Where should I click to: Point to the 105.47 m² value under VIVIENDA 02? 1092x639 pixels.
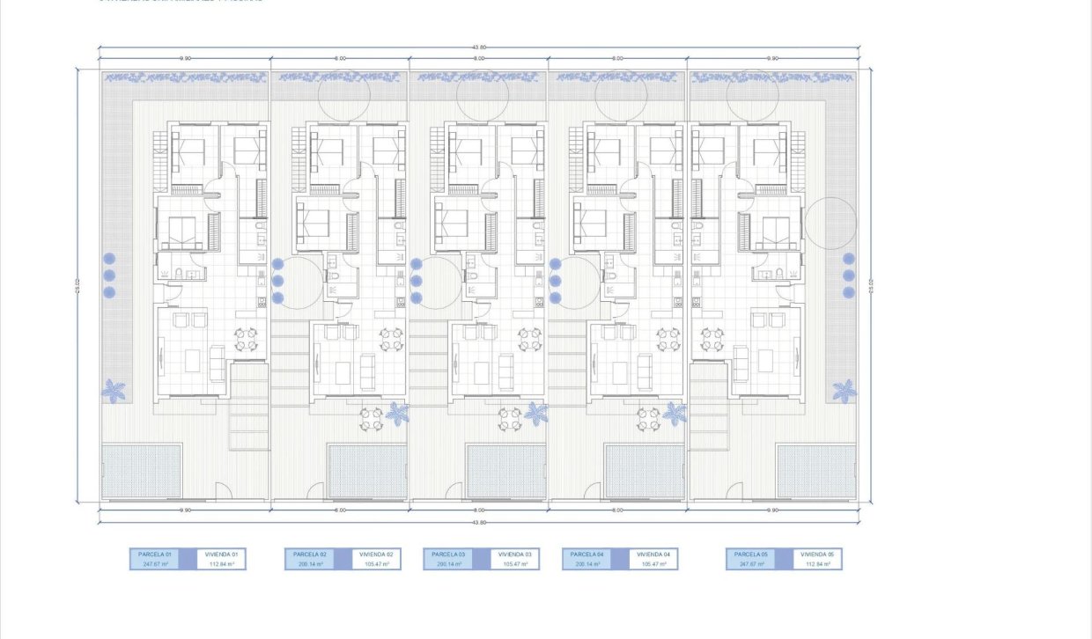point(376,564)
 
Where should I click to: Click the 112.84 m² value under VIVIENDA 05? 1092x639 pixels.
point(817,564)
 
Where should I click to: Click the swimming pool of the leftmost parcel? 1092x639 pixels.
point(142,471)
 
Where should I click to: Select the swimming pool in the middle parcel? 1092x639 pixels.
point(506,471)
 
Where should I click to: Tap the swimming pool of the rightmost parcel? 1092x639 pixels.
point(816,471)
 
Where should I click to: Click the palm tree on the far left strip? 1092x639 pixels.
point(114,390)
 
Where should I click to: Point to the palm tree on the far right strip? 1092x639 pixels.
point(844,390)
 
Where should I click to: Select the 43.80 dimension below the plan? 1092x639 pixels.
point(478,522)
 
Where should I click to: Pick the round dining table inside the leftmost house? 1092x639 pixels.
point(246,338)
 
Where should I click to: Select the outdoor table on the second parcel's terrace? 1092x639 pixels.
point(372,419)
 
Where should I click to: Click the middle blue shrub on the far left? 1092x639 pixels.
point(110,275)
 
